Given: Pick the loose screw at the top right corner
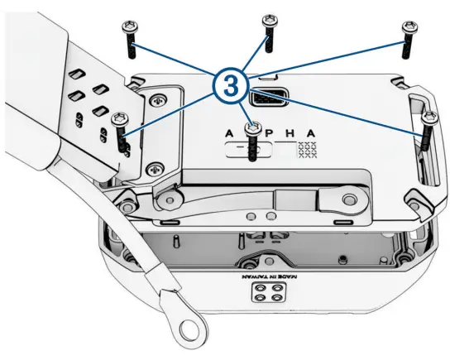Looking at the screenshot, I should pyautogui.click(x=408, y=38).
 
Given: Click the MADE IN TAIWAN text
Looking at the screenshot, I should pyautogui.click(x=264, y=276).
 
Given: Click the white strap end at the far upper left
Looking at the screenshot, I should pyautogui.click(x=33, y=50).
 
